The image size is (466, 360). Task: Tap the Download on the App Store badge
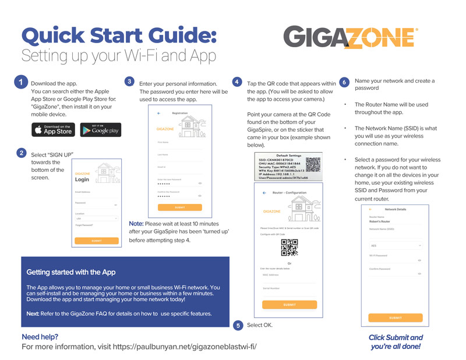click(x=52, y=129)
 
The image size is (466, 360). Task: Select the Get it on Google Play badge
click(x=100, y=129)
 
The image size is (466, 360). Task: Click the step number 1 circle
click(x=20, y=83)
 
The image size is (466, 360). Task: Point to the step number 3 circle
click(x=130, y=82)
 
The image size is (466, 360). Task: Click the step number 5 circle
click(x=238, y=325)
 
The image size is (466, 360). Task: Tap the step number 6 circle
click(x=344, y=83)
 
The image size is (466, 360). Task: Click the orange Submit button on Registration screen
click(x=180, y=207)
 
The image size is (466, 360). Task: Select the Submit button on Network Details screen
click(x=396, y=317)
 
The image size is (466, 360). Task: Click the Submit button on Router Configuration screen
click(x=290, y=305)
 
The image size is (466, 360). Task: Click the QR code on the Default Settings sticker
click(x=313, y=164)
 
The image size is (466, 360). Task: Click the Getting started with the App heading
click(x=71, y=272)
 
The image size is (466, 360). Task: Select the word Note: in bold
click(x=136, y=224)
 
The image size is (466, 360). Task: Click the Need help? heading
click(x=40, y=337)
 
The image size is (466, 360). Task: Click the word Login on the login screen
click(x=82, y=180)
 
